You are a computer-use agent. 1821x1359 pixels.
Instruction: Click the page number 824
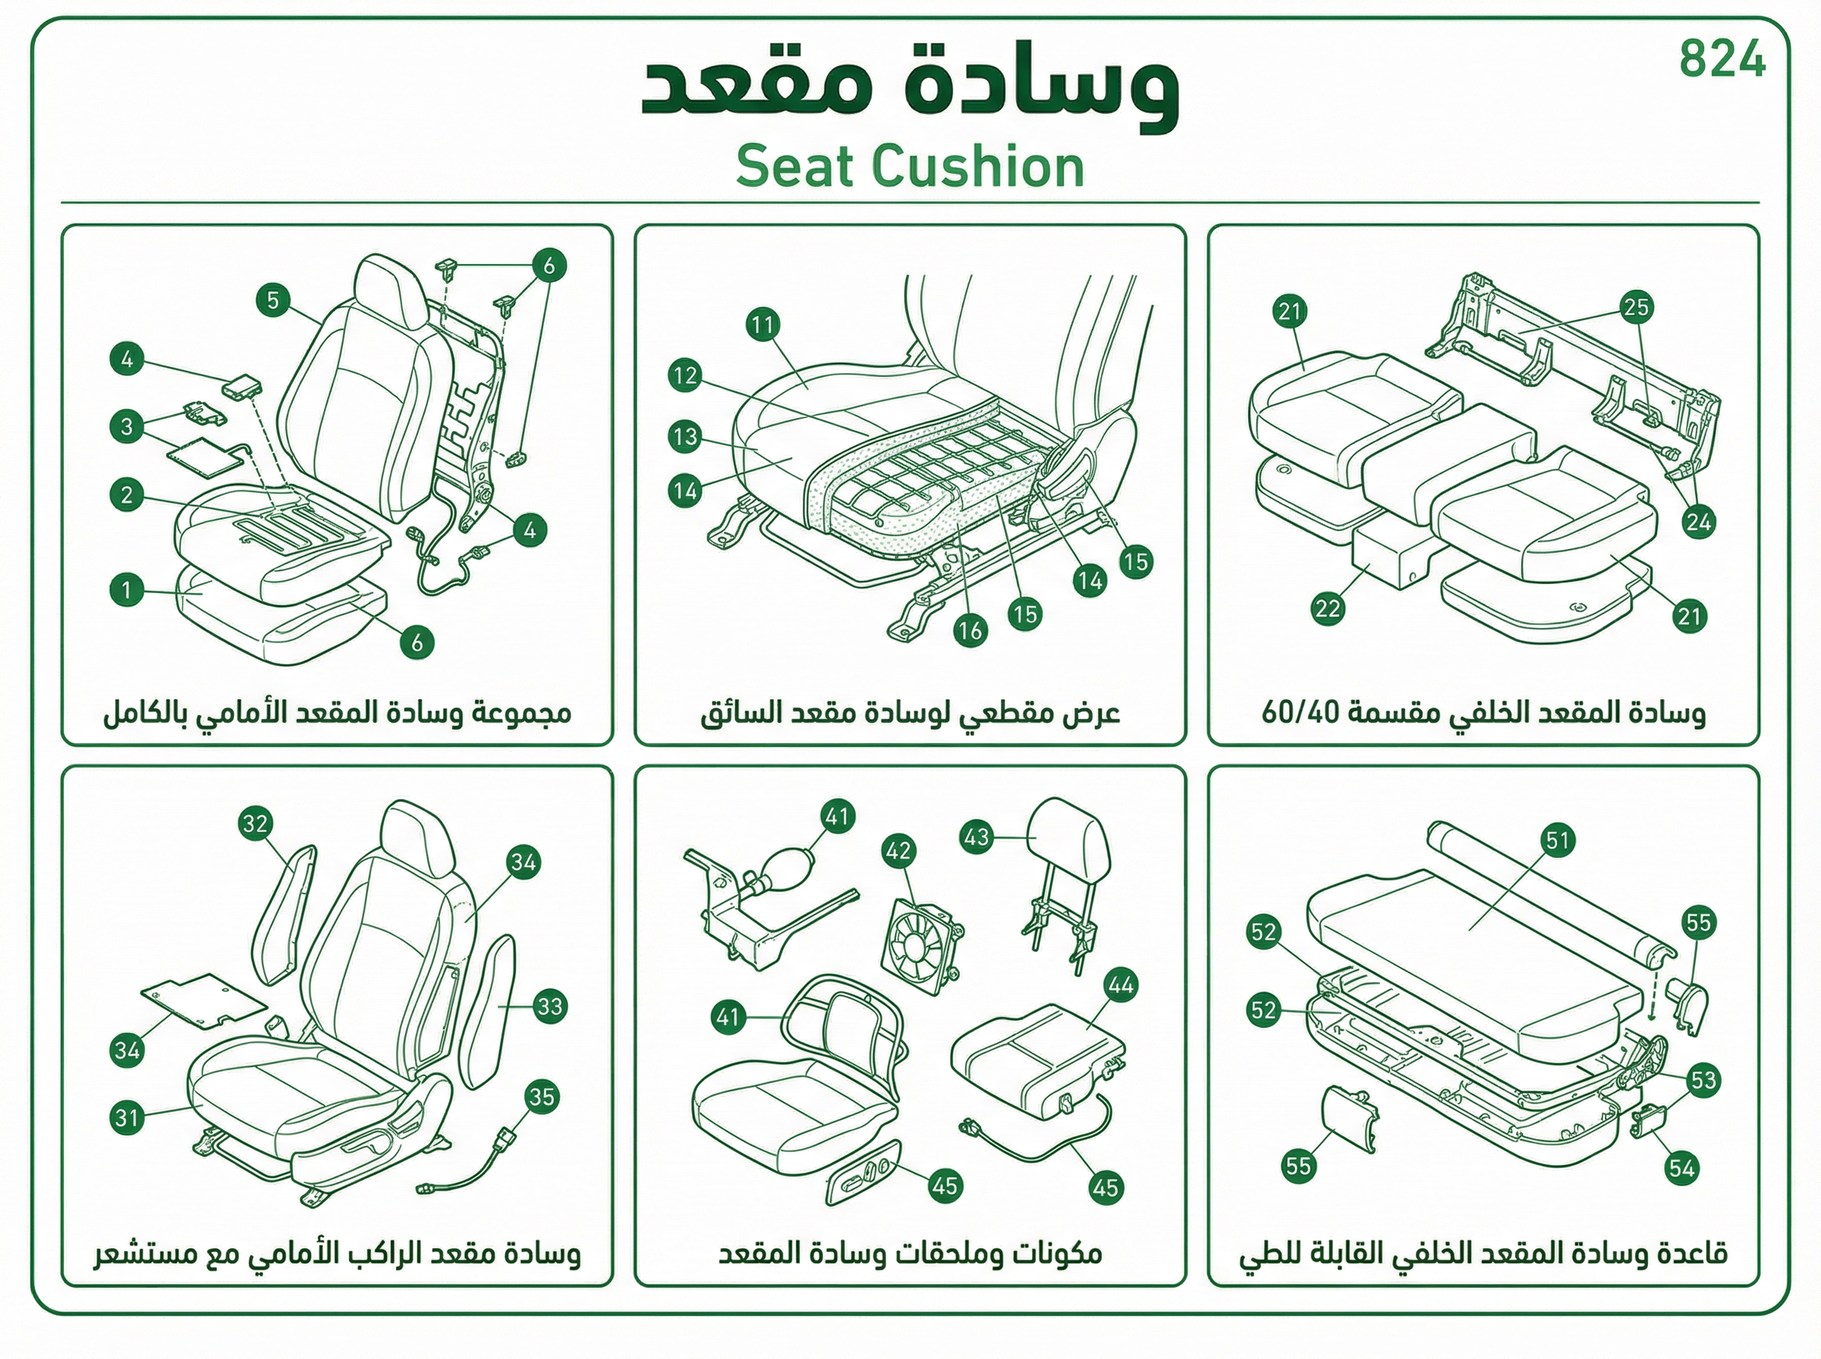point(1722,59)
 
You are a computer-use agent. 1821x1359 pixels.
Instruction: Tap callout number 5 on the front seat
point(273,300)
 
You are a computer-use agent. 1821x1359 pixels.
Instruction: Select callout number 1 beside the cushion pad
point(127,590)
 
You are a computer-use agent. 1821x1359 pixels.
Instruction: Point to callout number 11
point(763,325)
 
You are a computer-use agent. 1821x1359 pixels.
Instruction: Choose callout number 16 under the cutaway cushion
point(970,630)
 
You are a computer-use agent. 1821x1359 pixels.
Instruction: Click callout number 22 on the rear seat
point(1327,609)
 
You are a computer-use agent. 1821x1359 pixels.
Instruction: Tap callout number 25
point(1636,307)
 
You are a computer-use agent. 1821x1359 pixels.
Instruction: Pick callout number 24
point(1698,522)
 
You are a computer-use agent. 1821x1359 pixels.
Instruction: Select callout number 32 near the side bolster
point(256,824)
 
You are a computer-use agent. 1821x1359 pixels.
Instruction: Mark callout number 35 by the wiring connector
point(542,1097)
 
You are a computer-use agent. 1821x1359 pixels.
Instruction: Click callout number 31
point(127,1117)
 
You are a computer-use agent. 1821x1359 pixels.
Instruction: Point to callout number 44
point(1121,984)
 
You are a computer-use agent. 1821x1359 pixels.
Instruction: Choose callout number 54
point(1682,1168)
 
